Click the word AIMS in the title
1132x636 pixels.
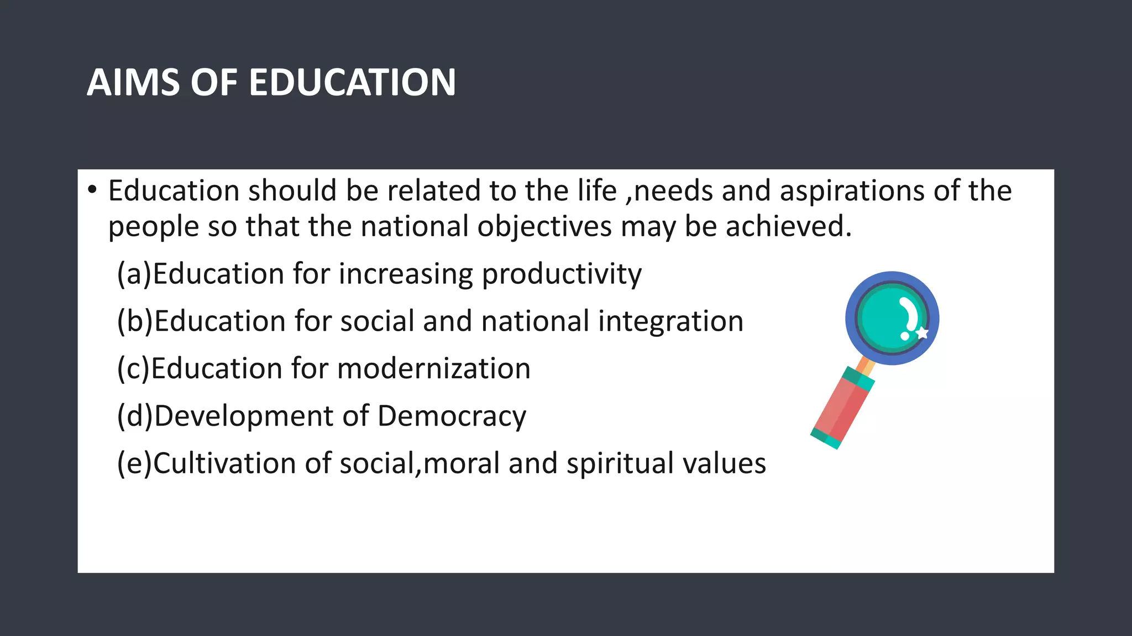pos(133,83)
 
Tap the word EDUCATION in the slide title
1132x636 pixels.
pos(352,83)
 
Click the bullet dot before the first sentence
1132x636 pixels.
pos(92,190)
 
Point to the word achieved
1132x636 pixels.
pos(789,226)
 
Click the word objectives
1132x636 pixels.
pos(544,226)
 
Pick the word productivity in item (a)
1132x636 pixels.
pos(562,274)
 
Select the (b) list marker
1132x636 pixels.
pos(135,321)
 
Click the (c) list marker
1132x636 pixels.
pos(133,368)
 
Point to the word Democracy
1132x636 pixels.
pos(452,416)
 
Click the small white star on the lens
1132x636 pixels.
pos(922,333)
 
